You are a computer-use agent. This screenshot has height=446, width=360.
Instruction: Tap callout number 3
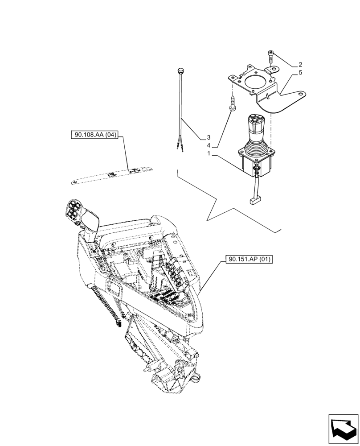pos(208,137)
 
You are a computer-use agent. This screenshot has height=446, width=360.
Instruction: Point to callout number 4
pos(208,145)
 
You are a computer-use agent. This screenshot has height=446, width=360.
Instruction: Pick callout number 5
pos(301,72)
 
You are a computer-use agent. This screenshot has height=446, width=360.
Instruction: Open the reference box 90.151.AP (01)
pos(245,259)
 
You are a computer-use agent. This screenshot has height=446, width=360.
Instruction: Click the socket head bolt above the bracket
pos(271,57)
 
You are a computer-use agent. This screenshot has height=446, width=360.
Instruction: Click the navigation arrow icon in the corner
pos(343,429)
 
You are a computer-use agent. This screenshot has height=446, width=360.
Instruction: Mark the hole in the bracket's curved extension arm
pos(302,95)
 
